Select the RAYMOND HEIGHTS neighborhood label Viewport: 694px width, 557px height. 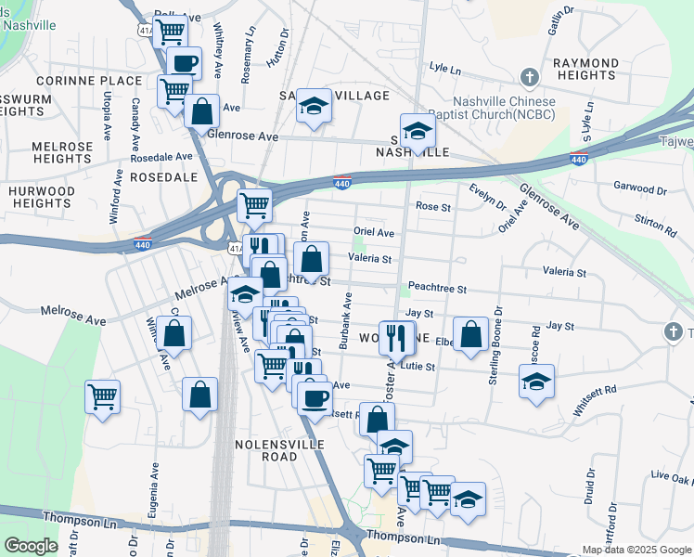pyautogui.click(x=585, y=70)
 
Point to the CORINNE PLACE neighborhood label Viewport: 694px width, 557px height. pyautogui.click(x=89, y=81)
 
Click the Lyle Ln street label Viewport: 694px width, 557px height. pyautogui.click(x=445, y=68)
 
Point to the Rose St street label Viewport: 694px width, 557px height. pyautogui.click(x=432, y=206)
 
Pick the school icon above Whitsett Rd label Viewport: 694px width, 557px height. pyautogui.click(x=535, y=382)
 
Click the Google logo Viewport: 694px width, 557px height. pyautogui.click(x=31, y=547)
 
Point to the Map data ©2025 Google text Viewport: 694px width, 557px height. pyautogui.click(x=636, y=550)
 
